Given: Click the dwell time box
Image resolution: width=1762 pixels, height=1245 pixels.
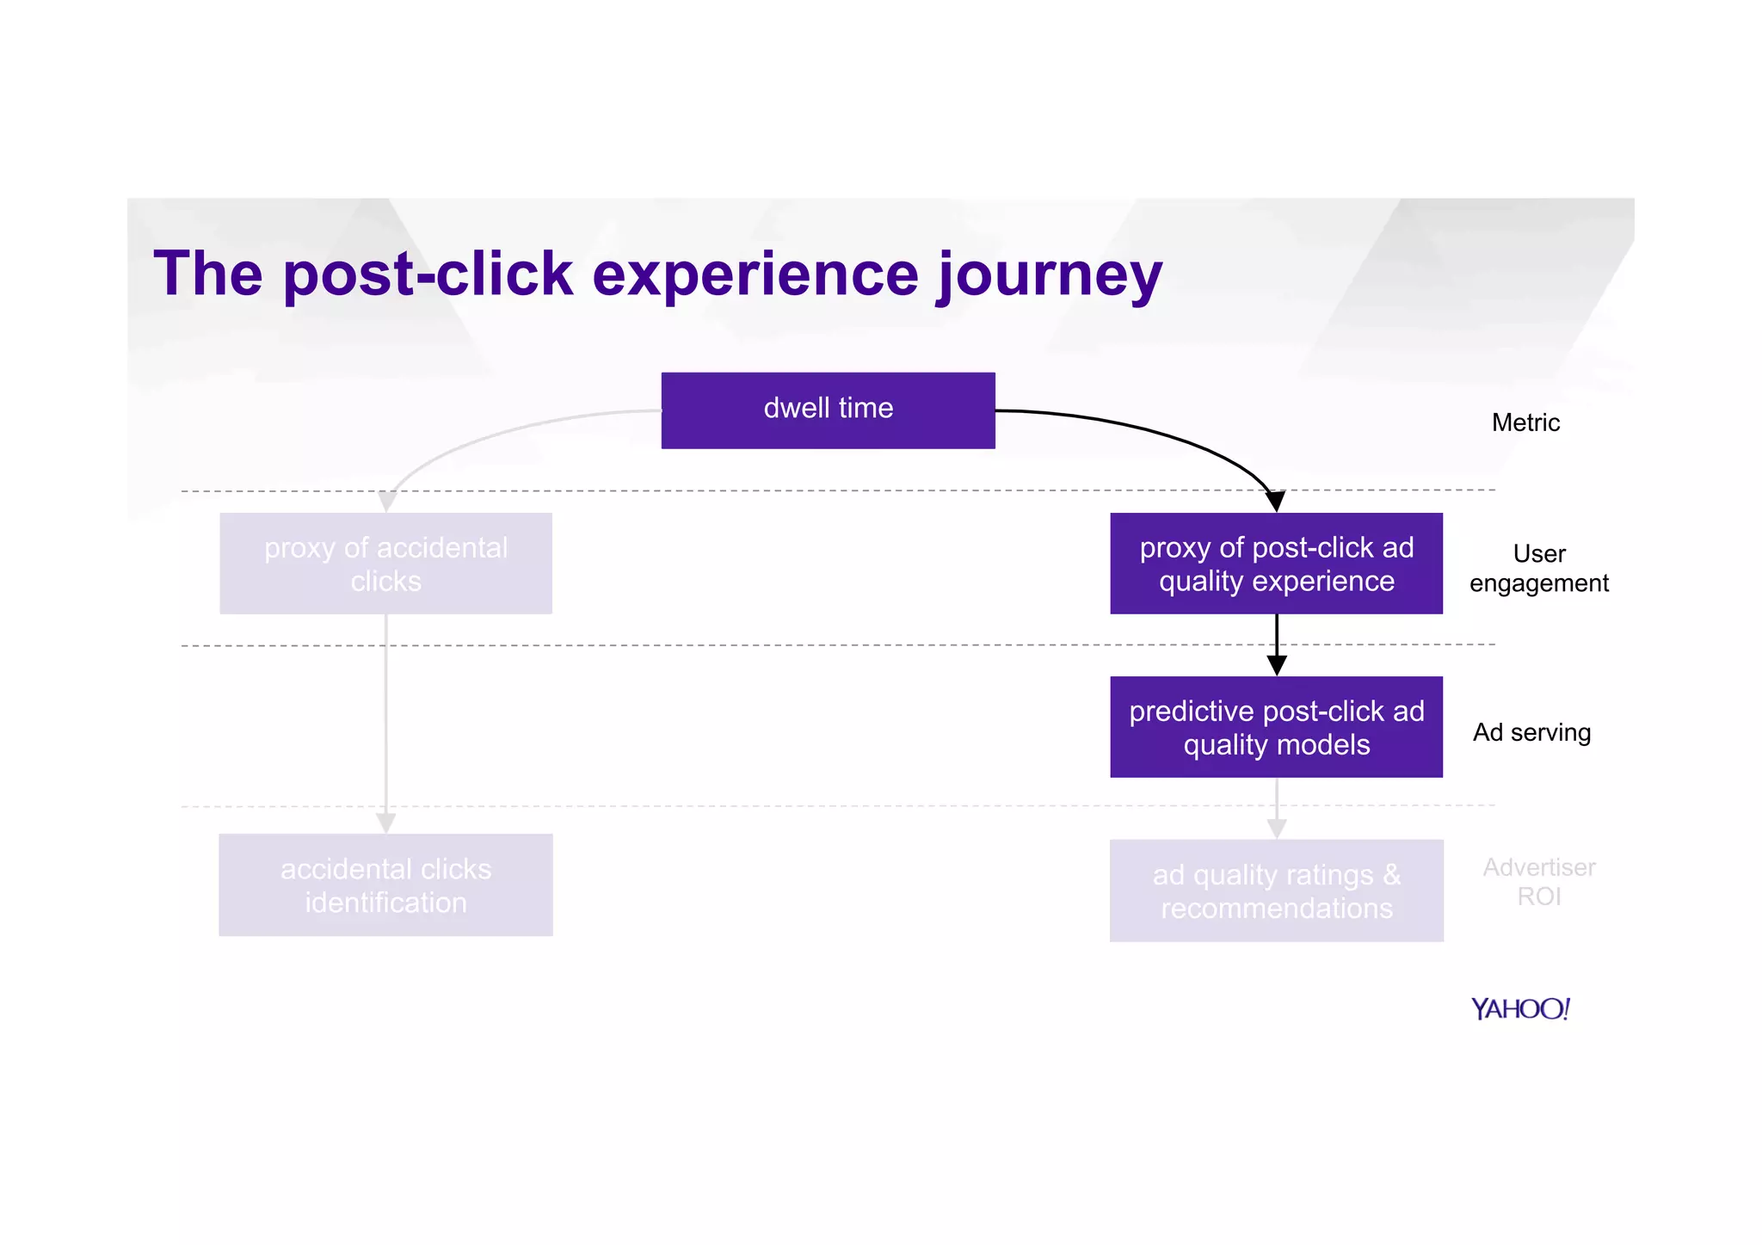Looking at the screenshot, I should pos(828,410).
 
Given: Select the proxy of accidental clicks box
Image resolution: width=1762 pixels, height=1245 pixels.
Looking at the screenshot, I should pos(385,564).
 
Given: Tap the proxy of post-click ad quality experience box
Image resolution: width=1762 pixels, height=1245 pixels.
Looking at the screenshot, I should pos(1276,564).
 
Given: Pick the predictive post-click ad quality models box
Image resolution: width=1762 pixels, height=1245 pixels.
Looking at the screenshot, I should pos(1276,727).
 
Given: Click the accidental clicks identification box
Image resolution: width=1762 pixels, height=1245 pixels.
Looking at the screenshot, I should pos(385,884).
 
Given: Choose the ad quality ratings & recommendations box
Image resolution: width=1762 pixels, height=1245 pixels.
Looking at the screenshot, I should pos(1276,891).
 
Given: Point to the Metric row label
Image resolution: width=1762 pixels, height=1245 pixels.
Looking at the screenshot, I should pos(1525,422).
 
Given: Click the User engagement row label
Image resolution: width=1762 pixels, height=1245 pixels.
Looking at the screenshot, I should pos(1538,568).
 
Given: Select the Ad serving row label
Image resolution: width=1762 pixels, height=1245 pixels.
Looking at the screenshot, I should pos(1531,732).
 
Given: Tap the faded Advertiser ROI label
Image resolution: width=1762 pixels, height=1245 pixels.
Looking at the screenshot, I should pos(1538,881).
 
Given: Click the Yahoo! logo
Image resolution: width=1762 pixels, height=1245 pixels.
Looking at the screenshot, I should pos(1520,1008).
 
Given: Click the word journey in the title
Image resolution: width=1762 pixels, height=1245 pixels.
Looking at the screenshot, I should pos(1050,275).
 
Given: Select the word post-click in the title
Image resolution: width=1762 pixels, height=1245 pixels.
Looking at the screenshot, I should pos(428,275).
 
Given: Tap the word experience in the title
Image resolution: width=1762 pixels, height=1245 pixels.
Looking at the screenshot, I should pos(755,275).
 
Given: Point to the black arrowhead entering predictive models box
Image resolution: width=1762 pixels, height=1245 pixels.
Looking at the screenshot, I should pos(1277,665).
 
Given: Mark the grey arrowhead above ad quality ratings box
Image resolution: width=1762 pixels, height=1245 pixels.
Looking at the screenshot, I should pos(1277,828).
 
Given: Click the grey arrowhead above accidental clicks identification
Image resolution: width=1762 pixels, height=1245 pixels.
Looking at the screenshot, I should pos(385,823).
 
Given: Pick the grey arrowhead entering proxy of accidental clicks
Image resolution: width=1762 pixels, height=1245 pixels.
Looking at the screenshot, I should pos(388,502).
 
